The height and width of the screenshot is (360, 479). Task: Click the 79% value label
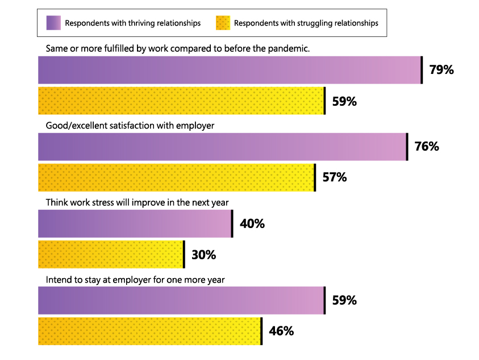coord(441,71)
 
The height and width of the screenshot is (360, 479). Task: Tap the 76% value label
coord(427,147)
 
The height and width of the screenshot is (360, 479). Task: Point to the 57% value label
coord(334,177)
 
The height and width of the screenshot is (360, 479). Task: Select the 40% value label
coord(252,224)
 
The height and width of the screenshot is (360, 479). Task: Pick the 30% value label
coord(203,255)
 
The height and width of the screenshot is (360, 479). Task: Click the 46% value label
coord(281,331)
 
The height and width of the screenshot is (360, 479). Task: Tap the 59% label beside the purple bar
coord(344,300)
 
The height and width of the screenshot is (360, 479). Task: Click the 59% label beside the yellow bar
coord(344,102)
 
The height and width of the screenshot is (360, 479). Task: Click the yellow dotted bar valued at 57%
coord(176,177)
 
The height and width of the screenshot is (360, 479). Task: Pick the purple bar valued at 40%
coord(135,224)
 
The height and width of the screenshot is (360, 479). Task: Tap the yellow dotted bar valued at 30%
coord(111,255)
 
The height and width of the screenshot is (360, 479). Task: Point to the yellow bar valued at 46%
coord(149,331)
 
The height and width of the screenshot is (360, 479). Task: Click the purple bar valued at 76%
coord(222,147)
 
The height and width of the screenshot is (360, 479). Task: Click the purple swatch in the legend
coord(54,23)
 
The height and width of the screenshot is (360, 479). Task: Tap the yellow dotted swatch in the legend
coord(223,23)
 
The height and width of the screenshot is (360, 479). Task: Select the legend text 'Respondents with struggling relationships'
coord(306,23)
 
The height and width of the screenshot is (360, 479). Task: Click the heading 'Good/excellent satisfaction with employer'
coord(130,125)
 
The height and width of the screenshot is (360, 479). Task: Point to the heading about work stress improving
coord(137,202)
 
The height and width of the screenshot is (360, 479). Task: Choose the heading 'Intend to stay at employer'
coord(135,279)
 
